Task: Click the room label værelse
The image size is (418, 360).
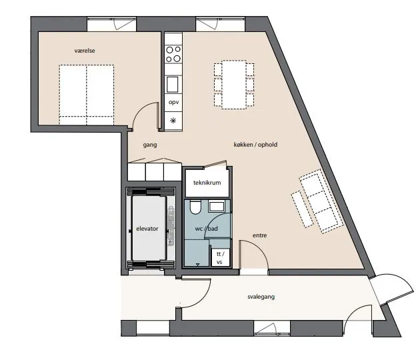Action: click(x=85, y=51)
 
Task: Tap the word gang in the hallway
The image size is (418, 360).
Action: click(x=150, y=145)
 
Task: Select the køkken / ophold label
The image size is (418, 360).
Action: click(x=255, y=145)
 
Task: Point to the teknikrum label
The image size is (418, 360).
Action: click(x=207, y=183)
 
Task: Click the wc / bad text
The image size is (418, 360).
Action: click(x=207, y=229)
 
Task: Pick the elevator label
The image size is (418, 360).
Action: click(x=147, y=229)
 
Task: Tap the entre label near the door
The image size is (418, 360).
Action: click(x=259, y=235)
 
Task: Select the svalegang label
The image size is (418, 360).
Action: click(x=261, y=297)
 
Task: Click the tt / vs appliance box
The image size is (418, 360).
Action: click(x=221, y=257)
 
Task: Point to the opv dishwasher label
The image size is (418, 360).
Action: click(x=173, y=102)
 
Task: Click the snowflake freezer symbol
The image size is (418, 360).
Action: click(x=173, y=121)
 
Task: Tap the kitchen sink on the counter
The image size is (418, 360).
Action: click(x=173, y=84)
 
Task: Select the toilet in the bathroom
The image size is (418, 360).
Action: click(x=195, y=207)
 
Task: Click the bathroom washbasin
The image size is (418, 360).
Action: click(x=216, y=207)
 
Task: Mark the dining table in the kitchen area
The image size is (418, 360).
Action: click(x=234, y=85)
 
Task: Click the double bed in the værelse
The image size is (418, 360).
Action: click(x=87, y=95)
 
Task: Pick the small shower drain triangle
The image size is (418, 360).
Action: click(x=197, y=265)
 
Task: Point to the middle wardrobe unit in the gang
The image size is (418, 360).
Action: click(x=155, y=172)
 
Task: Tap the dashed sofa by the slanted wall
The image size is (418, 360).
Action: click(x=322, y=201)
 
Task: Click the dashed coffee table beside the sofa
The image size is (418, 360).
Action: click(x=302, y=209)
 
